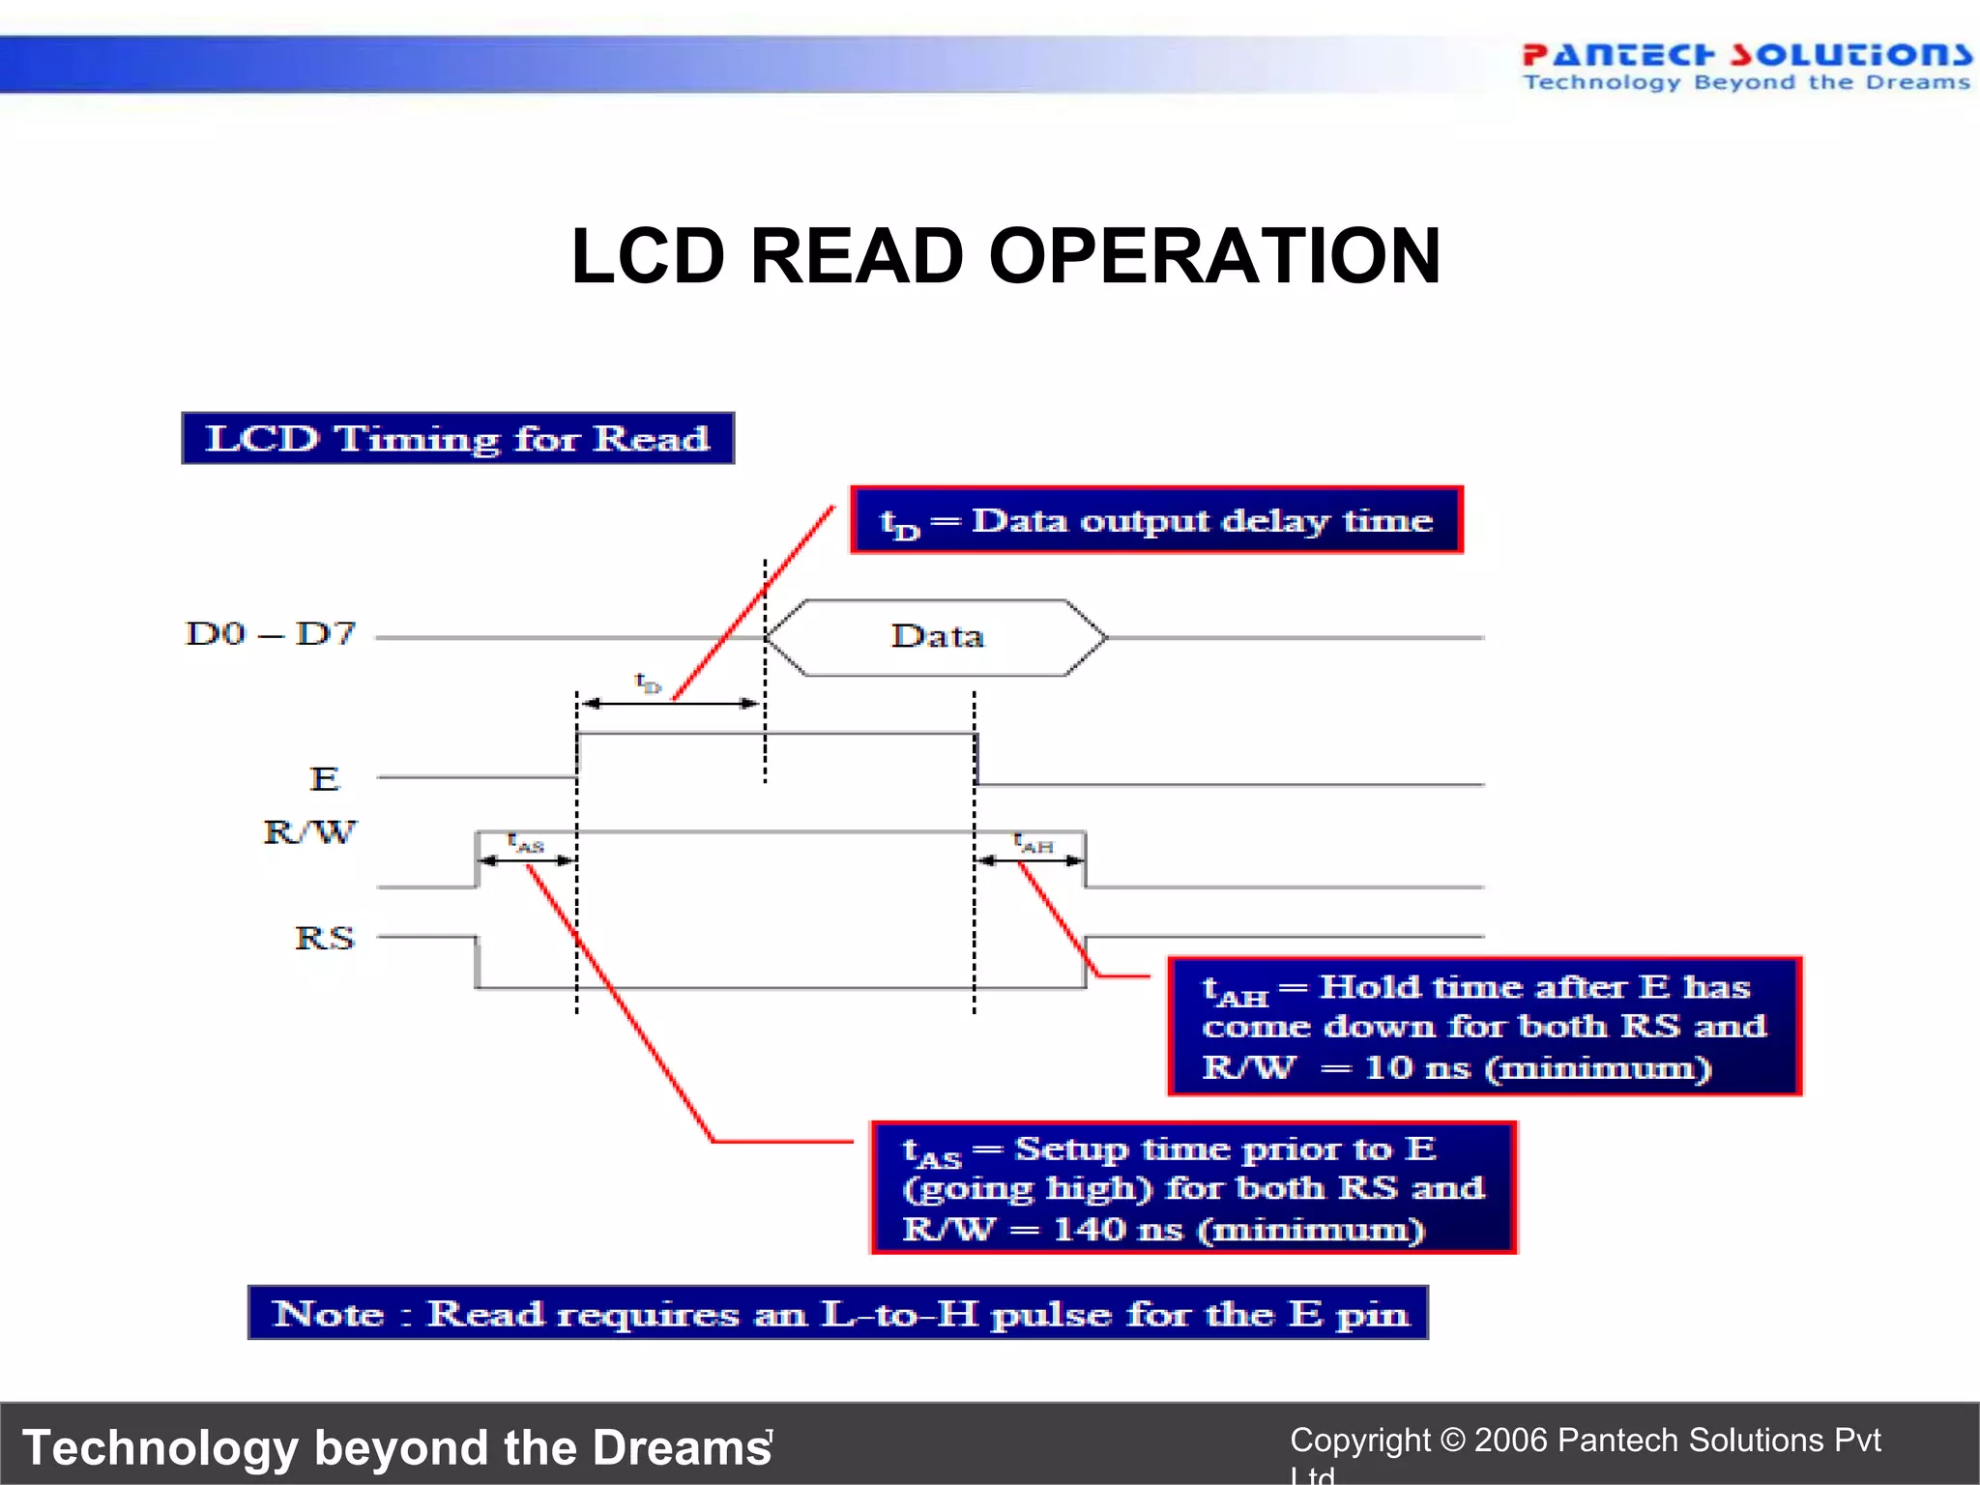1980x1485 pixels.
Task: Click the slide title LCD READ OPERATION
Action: [x=1005, y=256]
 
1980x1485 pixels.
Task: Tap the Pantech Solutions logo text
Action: [x=1746, y=54]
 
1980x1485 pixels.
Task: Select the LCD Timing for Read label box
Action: [x=457, y=438]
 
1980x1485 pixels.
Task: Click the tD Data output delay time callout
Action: [x=1156, y=520]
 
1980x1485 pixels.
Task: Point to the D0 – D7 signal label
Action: [x=271, y=634]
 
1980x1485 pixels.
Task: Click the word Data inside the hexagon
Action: [x=937, y=636]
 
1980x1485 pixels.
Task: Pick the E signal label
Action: [x=324, y=778]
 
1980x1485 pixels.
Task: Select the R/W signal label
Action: [x=309, y=831]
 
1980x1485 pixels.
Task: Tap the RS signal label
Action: [x=324, y=938]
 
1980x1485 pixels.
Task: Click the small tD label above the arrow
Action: [x=648, y=684]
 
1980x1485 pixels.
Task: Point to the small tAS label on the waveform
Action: [x=527, y=843]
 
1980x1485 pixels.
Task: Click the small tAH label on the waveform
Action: [x=1034, y=844]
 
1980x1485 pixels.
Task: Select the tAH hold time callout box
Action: [x=1484, y=1026]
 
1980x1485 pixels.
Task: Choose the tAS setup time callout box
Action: [x=1193, y=1188]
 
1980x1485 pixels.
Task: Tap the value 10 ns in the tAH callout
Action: [x=1416, y=1067]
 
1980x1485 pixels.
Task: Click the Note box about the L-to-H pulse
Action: [x=838, y=1313]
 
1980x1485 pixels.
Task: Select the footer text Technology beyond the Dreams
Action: [x=396, y=1447]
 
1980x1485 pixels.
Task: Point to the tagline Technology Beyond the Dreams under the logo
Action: [x=1746, y=83]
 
